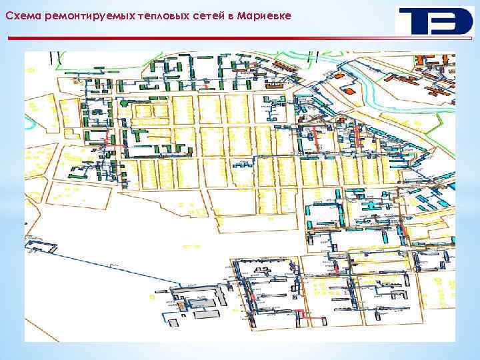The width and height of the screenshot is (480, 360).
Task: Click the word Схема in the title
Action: point(21,16)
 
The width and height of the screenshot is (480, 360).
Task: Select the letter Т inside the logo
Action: point(413,22)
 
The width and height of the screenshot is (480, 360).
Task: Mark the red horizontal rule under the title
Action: point(240,39)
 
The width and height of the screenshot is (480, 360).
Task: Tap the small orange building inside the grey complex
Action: point(180,305)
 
